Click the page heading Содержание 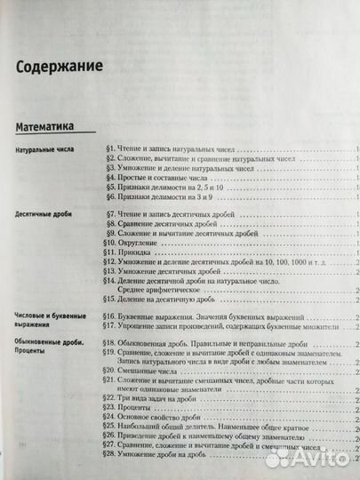coord(57,66)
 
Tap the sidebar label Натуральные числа coord(44,151)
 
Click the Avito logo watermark coord(310,456)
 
